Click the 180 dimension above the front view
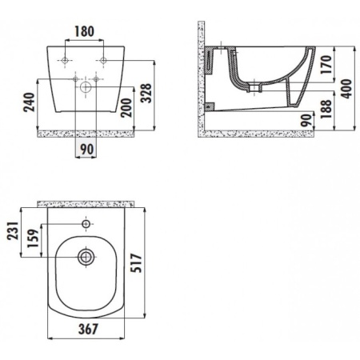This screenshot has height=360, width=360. pos(83,32)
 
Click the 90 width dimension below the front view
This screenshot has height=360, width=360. pos(86,149)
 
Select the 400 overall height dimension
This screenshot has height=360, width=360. pos(345,81)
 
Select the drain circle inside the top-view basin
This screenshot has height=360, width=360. pos(85,257)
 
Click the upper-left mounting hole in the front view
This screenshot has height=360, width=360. pos(62,60)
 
